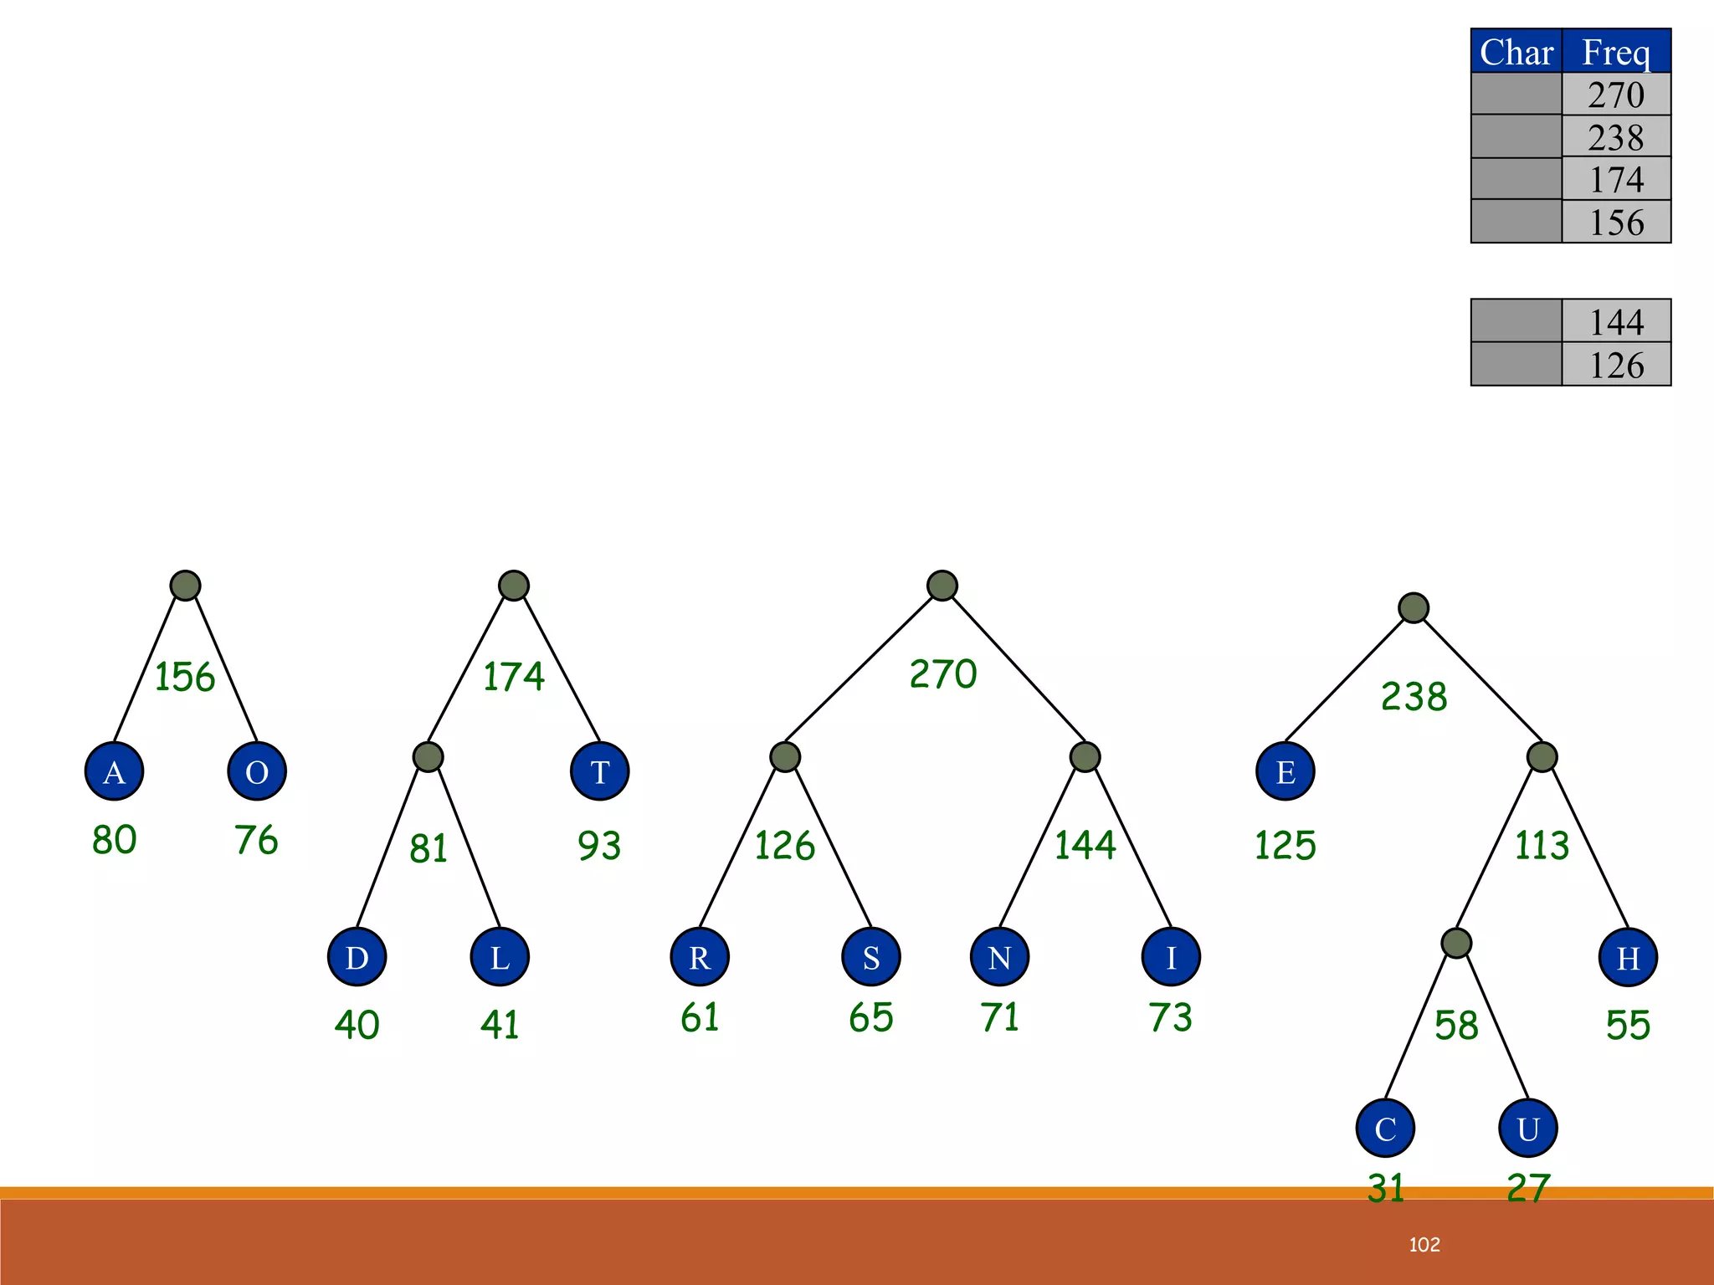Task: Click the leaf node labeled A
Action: [x=114, y=770]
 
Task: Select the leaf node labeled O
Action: [x=257, y=770]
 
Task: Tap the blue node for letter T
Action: [x=599, y=770]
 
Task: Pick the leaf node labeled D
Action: [x=357, y=956]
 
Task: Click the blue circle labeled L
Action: [x=500, y=956]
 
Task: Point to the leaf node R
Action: [x=700, y=956]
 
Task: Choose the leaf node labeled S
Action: [x=870, y=956]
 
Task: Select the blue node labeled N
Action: [x=999, y=956]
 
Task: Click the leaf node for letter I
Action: [x=1170, y=956]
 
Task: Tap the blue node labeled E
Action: [x=1285, y=770]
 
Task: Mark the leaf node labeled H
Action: [x=1627, y=956]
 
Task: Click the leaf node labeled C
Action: [x=1385, y=1128]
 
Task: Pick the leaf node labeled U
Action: [x=1527, y=1128]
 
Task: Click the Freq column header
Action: [x=1616, y=52]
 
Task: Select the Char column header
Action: [x=1516, y=52]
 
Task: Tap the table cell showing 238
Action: [x=1616, y=136]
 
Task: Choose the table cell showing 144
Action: [x=1616, y=321]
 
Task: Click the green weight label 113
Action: [x=1542, y=845]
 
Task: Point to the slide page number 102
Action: [x=1424, y=1245]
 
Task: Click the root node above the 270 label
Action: [x=942, y=586]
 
